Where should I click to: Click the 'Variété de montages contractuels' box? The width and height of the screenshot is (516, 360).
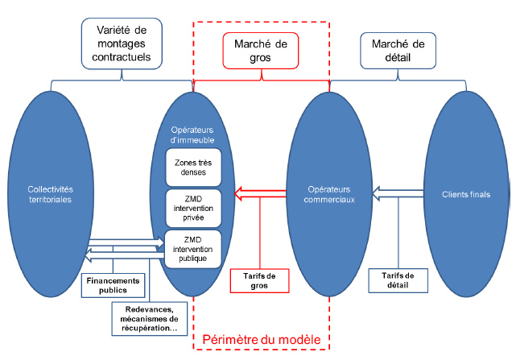122,43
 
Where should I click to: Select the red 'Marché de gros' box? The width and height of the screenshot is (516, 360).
261,51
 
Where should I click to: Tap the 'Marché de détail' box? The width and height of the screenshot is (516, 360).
398,51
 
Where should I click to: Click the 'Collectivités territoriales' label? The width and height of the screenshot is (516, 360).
51,194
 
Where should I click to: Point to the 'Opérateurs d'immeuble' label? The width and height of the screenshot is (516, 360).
192,134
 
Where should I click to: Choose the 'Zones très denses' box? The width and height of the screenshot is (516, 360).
193,168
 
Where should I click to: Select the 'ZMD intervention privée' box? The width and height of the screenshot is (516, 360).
193,208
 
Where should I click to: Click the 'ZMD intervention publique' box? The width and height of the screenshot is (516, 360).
193,249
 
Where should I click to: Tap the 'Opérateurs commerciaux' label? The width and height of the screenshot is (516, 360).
329,194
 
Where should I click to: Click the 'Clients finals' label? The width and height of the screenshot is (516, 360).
466,194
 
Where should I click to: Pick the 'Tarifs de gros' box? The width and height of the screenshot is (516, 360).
260,281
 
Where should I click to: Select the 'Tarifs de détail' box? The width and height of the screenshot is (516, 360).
398,280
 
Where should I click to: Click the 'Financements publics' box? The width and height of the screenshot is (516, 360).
113,285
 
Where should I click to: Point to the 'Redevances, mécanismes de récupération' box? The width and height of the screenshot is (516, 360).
150,319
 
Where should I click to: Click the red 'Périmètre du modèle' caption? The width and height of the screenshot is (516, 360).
262,340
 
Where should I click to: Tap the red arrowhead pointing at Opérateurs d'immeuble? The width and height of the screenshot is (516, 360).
238,193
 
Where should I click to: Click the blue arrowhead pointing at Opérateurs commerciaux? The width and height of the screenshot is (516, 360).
376,193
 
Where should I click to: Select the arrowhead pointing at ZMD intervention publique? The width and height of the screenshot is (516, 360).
160,243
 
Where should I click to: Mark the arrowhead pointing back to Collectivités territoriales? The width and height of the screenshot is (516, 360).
89,255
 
